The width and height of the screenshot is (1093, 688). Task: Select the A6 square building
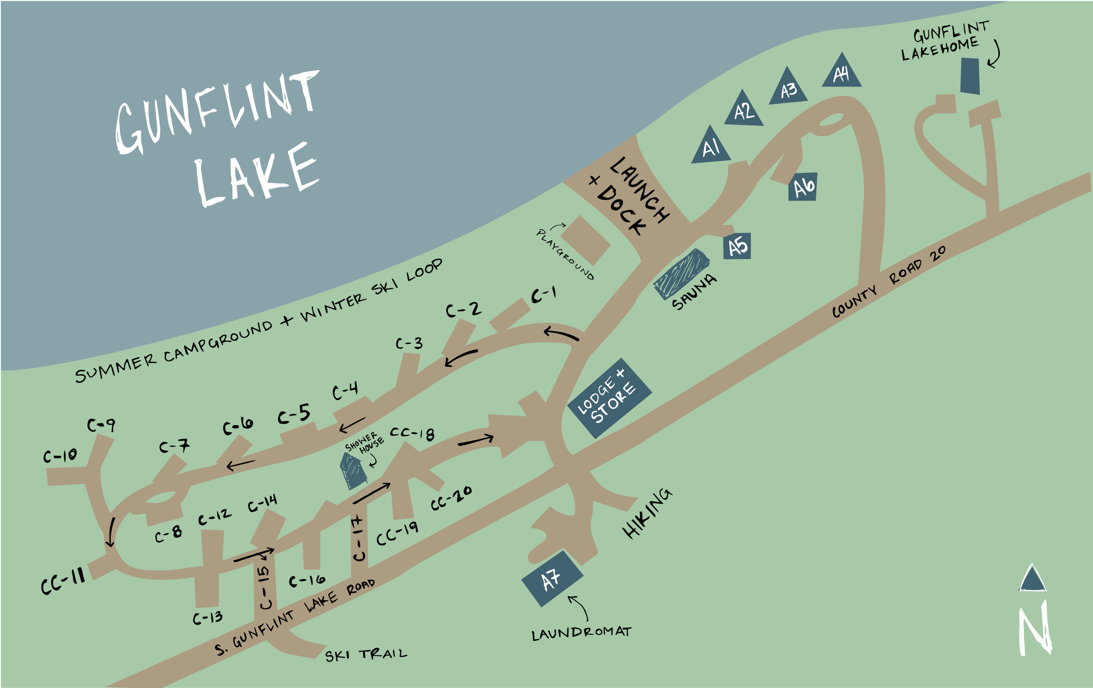(803, 187)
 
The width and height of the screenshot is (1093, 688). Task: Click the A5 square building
(737, 246)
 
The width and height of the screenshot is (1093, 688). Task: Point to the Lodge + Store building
(609, 398)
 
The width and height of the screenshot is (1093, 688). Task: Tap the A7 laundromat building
(552, 579)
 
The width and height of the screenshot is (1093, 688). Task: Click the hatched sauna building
(681, 274)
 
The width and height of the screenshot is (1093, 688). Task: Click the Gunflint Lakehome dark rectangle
(970, 76)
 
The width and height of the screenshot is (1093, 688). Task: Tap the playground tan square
(585, 240)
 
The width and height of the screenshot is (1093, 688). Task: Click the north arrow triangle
(1032, 579)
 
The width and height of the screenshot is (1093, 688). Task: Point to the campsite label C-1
(543, 295)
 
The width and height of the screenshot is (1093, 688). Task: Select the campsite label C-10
(60, 455)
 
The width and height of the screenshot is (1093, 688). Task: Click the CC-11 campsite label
(63, 581)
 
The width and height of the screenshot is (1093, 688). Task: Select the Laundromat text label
(581, 633)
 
